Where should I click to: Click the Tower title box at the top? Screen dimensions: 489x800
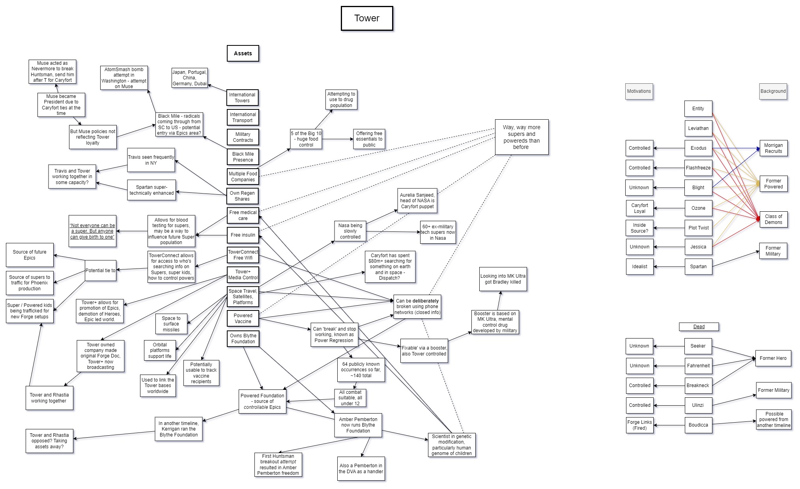[366, 18]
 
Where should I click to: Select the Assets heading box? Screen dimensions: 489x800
[243, 53]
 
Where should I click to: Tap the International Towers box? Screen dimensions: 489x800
[242, 98]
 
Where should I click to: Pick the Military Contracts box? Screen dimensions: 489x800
[243, 137]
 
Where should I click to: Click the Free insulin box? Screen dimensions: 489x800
[243, 235]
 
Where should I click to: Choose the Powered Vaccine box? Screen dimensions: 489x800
[243, 318]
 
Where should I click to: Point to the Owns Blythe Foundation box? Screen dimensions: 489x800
[243, 339]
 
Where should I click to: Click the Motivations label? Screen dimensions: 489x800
[639, 91]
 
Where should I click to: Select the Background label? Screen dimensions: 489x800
[773, 91]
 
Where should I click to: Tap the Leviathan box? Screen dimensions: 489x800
[698, 128]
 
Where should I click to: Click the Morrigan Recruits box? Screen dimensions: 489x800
[773, 148]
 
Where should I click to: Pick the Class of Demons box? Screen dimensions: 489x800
[773, 219]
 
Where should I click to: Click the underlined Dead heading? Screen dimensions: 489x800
[699, 327]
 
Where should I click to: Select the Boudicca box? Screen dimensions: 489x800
[698, 425]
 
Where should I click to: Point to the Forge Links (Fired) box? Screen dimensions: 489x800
[639, 425]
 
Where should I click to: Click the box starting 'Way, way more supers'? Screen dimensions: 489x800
[521, 137]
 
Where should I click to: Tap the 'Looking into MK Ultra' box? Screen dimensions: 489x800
[503, 279]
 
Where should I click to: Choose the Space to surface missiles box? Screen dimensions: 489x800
[171, 324]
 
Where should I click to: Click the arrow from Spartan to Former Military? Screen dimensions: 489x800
[736, 259]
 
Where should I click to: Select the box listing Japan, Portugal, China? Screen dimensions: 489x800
[189, 78]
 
